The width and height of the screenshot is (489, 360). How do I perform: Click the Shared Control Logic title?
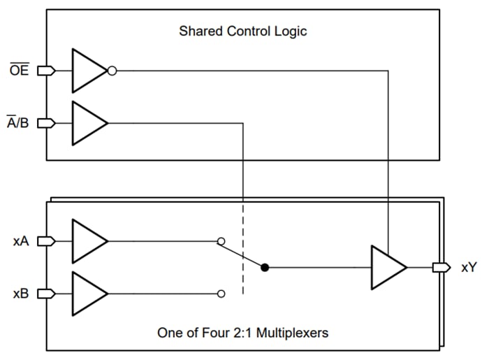tap(242, 31)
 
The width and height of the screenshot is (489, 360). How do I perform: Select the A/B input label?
tap(20, 123)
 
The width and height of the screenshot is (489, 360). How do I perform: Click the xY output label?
tap(468, 268)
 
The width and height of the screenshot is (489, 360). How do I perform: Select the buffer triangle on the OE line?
tap(87, 71)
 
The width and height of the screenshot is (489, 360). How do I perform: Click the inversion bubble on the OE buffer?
tap(112, 71)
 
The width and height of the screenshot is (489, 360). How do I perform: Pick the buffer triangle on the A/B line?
tap(87, 123)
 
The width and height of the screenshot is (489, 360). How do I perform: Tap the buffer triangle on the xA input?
tap(87, 241)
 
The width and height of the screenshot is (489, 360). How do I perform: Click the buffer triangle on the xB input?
tap(87, 294)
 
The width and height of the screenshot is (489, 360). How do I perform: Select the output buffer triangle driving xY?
tap(386, 267)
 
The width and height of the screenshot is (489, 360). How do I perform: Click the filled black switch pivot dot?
tap(264, 267)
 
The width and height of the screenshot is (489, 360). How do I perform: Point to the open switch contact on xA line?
tap(221, 241)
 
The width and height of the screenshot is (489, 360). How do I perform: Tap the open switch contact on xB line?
tap(221, 294)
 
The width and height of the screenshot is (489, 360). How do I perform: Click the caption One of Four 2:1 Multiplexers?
tap(242, 333)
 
